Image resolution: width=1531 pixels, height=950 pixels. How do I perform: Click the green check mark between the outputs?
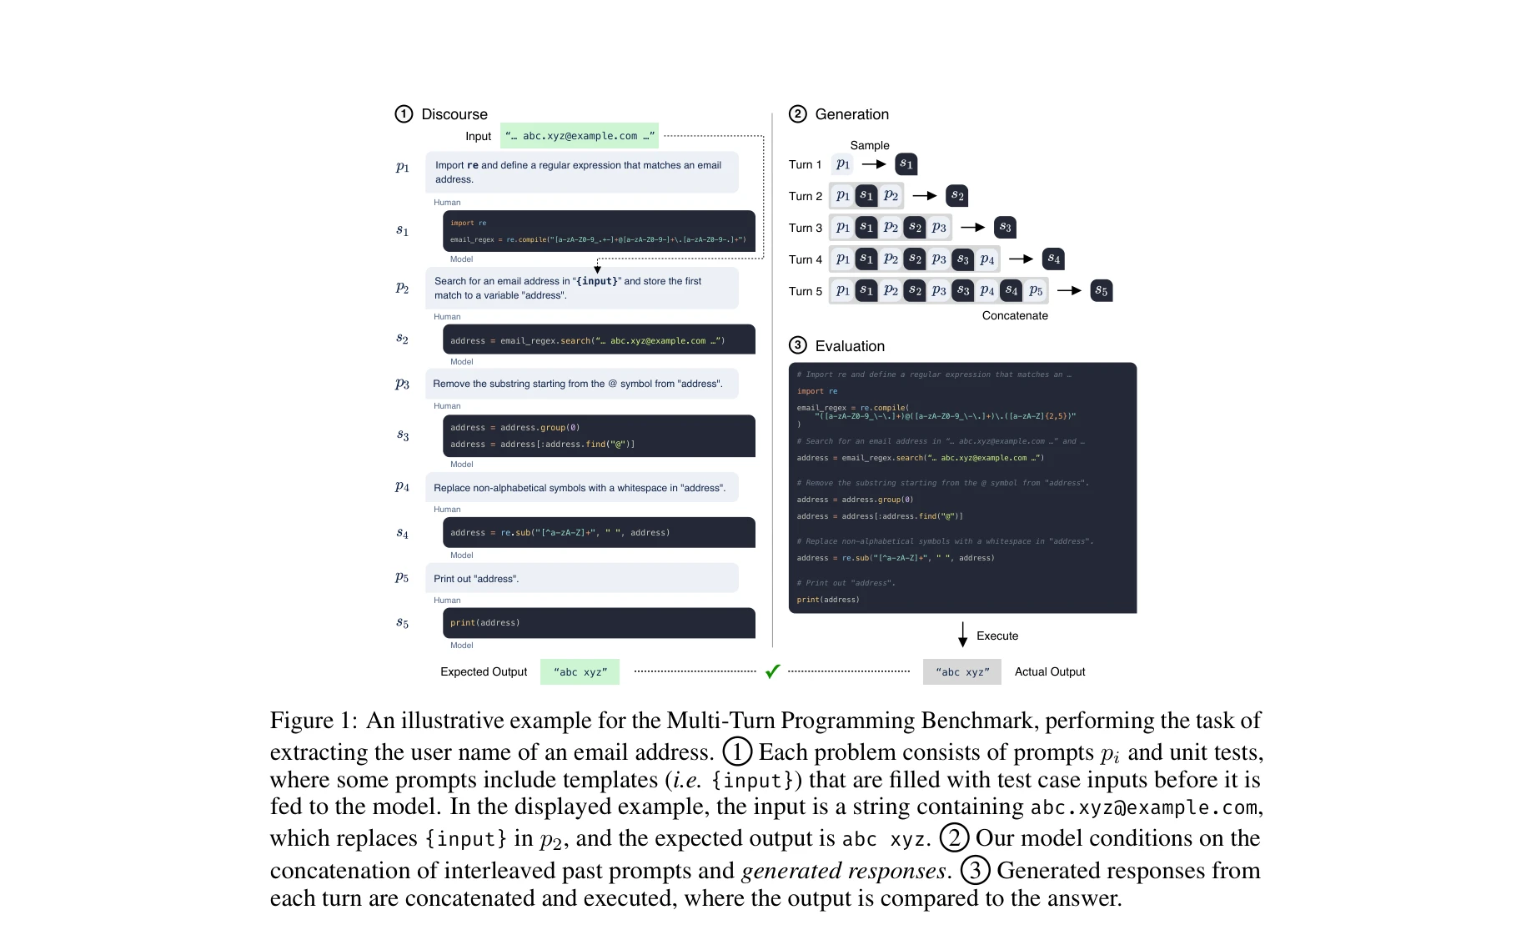(x=773, y=671)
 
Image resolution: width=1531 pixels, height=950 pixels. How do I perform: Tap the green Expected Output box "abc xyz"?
(x=580, y=671)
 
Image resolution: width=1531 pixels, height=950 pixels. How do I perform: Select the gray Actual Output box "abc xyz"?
(x=961, y=671)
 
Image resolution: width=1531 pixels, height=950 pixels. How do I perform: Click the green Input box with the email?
(x=580, y=136)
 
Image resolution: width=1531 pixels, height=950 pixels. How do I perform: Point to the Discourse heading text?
(x=454, y=114)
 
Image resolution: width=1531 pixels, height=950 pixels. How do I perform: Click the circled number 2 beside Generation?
(x=798, y=114)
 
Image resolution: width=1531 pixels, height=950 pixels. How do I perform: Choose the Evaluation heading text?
(x=850, y=346)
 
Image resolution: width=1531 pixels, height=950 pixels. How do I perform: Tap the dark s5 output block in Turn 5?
(x=1102, y=291)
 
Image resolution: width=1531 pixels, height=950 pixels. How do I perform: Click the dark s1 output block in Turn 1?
(x=906, y=164)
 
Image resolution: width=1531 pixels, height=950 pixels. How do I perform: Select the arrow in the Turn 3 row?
(x=973, y=227)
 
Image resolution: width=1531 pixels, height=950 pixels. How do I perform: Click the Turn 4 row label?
(x=806, y=259)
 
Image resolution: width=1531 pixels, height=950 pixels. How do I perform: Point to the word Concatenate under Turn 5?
(x=1015, y=315)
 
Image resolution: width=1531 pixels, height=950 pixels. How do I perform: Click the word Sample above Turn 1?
(x=870, y=145)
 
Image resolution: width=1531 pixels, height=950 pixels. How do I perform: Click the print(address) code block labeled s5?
(x=599, y=623)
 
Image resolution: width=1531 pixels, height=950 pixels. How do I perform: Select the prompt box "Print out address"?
(x=582, y=578)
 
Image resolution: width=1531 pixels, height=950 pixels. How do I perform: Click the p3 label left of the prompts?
(x=403, y=384)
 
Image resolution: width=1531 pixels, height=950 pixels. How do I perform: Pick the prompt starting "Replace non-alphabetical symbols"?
(x=582, y=488)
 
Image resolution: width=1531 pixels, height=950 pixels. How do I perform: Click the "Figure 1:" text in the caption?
(x=314, y=721)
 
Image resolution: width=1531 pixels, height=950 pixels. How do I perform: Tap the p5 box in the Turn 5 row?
(x=1036, y=291)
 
